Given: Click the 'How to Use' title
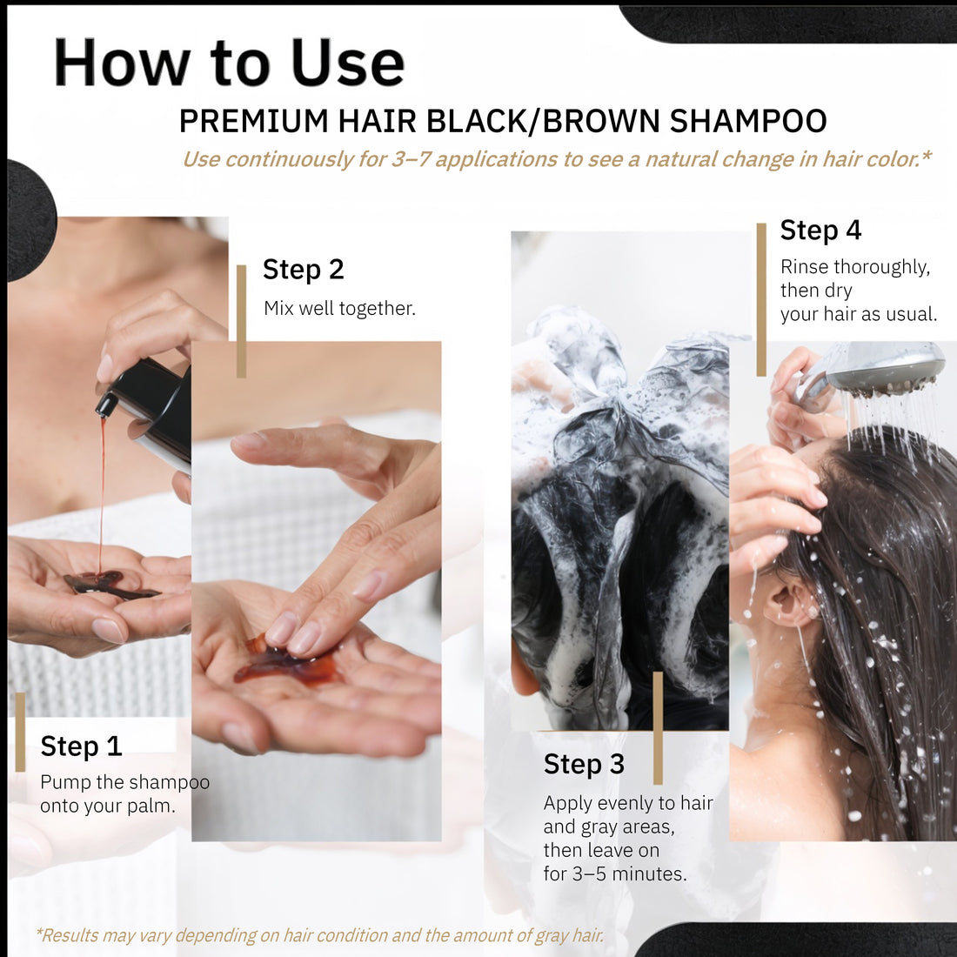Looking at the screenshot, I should [x=229, y=63].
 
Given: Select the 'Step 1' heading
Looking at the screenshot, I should [x=81, y=746].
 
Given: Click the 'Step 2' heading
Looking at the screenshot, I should [x=304, y=270].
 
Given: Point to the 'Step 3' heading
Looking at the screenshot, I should [x=584, y=764].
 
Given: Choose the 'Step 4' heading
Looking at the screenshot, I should [x=820, y=230].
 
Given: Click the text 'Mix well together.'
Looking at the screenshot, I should [x=339, y=308].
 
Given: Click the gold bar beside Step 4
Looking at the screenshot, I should [x=761, y=298].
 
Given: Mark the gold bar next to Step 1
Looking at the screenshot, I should [x=20, y=732].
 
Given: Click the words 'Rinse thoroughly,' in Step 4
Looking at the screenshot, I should [x=854, y=267].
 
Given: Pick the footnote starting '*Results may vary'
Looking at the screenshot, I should [x=320, y=935].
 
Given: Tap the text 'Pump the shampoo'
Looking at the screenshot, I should [x=124, y=782].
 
